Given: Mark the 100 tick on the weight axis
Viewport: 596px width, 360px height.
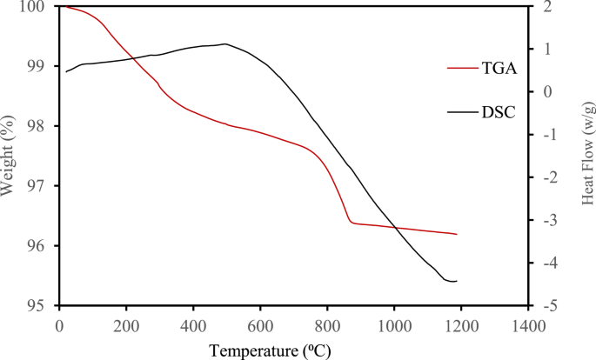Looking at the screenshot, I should pos(36,7).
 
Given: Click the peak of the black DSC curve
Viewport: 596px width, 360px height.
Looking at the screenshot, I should pos(225,43).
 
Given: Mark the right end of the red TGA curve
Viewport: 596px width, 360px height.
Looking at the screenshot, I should pos(457,234).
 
